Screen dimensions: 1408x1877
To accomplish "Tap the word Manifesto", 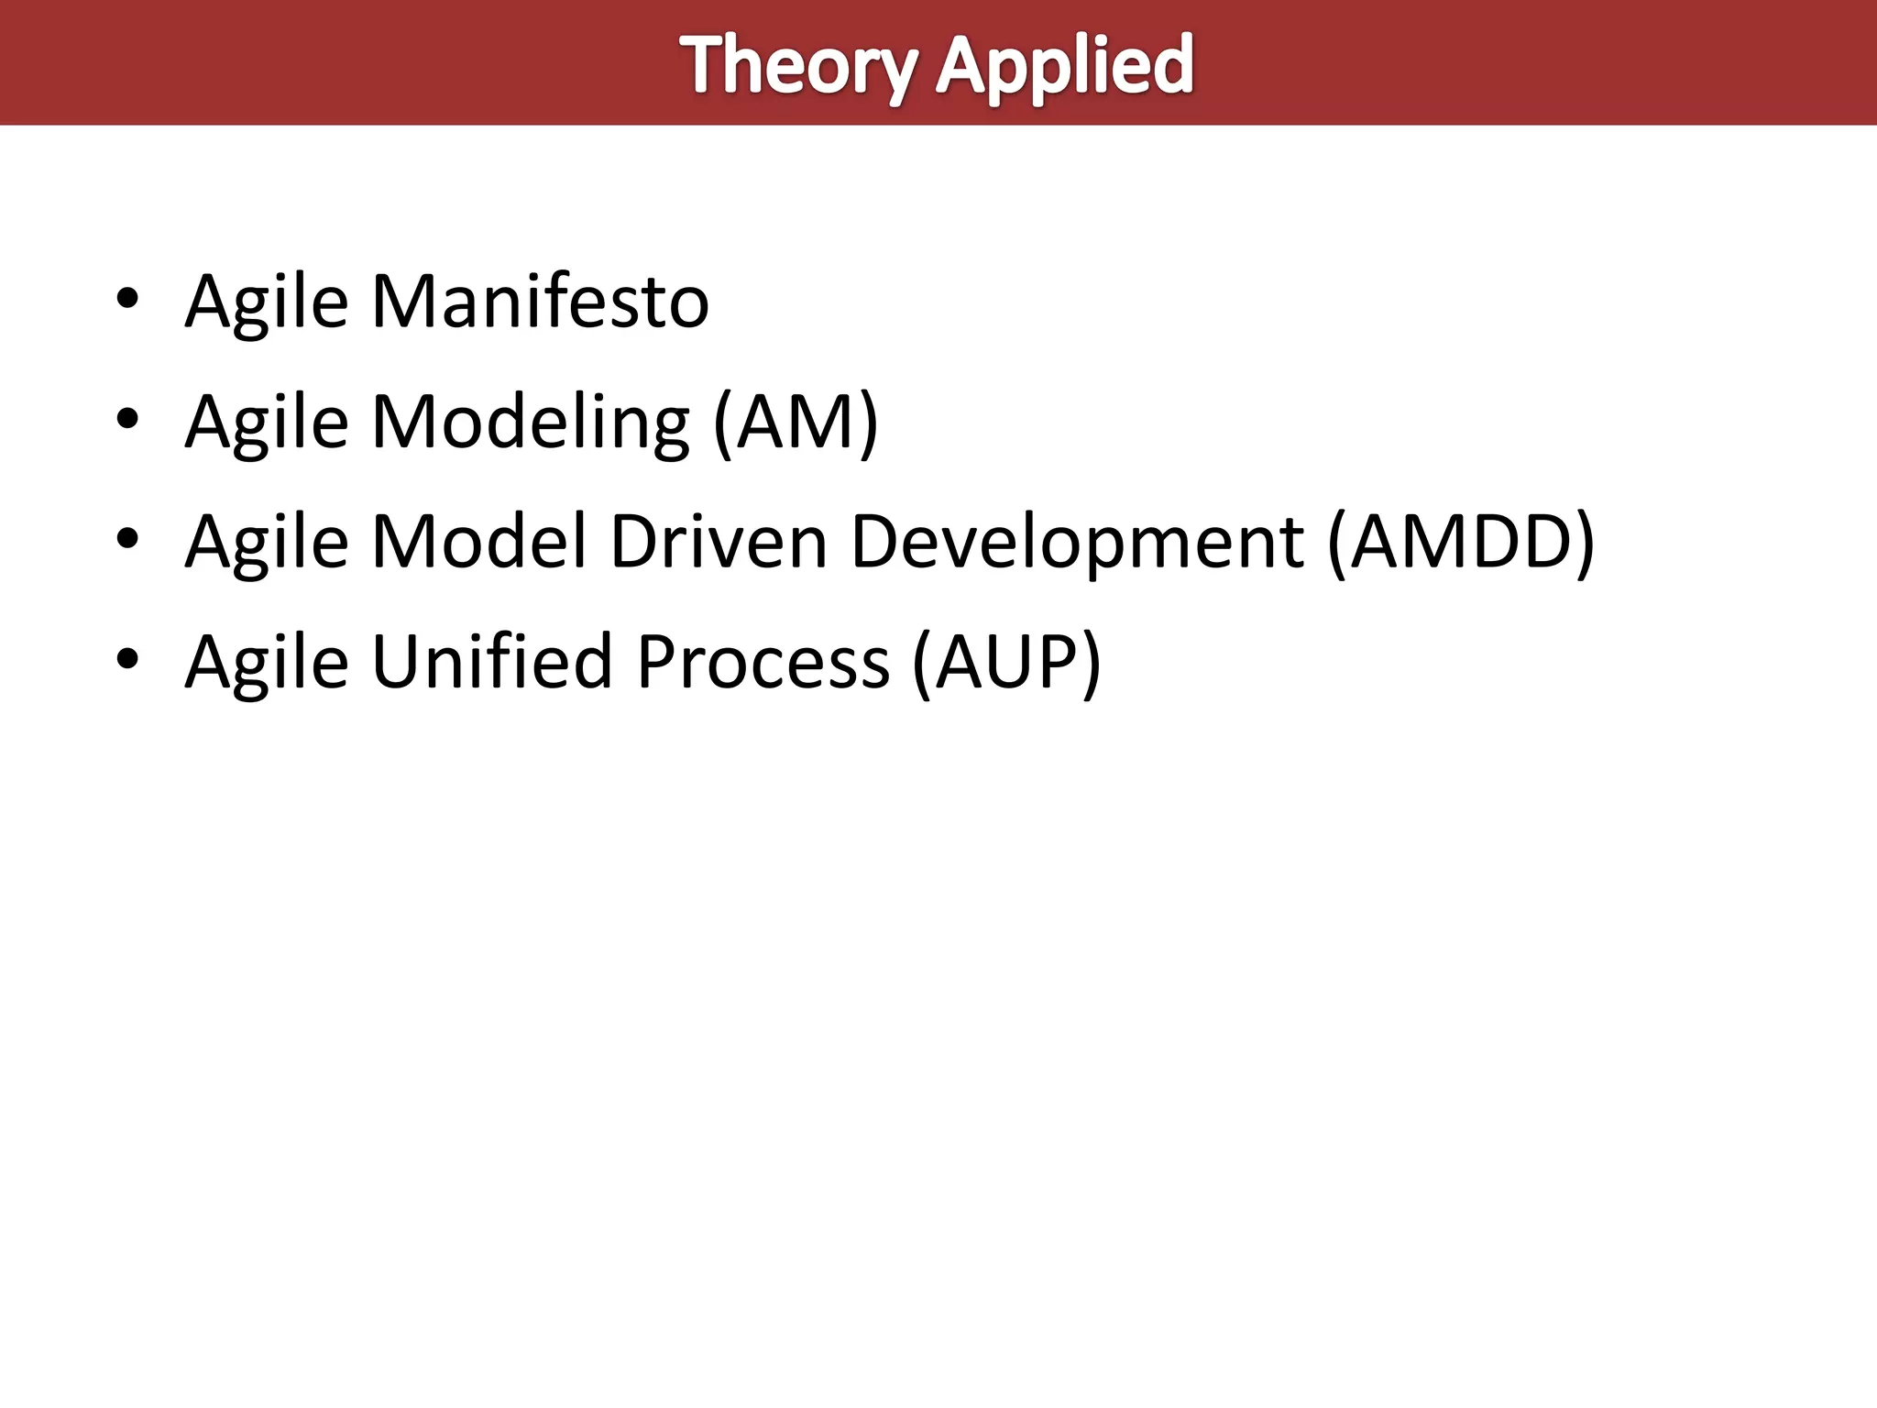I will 540,302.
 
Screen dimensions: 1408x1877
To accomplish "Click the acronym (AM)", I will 796,423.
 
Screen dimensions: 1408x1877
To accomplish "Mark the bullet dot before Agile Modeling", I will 127,419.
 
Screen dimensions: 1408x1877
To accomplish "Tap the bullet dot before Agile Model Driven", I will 127,539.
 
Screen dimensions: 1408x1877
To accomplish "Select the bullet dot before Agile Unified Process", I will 127,659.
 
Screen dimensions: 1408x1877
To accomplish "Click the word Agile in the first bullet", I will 267,302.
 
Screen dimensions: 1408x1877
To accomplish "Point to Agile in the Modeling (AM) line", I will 267,423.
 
